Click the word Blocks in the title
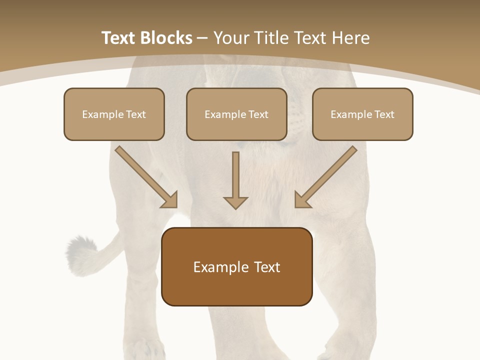(x=166, y=38)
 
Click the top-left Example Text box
(x=114, y=114)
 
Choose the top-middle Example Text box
(x=236, y=114)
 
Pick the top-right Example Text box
(x=362, y=114)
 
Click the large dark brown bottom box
(x=237, y=266)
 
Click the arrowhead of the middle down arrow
(x=235, y=202)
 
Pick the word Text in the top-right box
(x=384, y=114)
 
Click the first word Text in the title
(x=120, y=38)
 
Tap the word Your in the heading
(x=230, y=38)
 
